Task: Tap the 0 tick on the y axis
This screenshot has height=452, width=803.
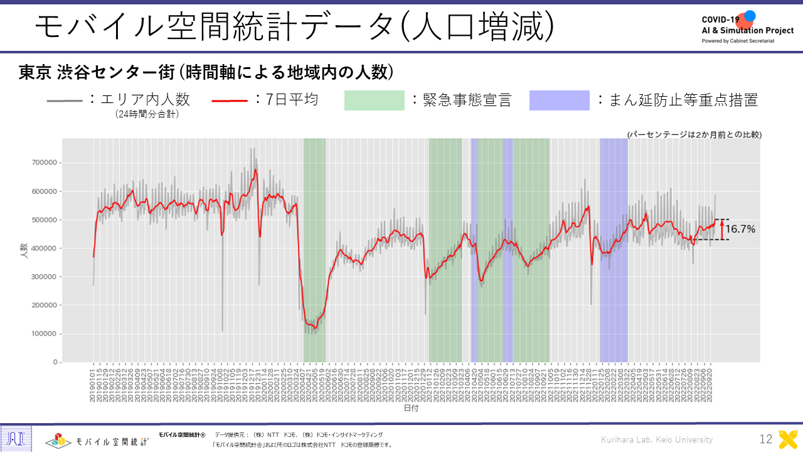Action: [x=56, y=362]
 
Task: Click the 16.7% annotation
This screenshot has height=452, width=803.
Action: [x=740, y=229]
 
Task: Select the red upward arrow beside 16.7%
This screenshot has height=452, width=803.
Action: [x=721, y=229]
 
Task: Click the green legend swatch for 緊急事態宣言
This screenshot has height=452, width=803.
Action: [x=374, y=100]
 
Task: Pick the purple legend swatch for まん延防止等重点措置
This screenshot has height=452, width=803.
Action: [x=559, y=100]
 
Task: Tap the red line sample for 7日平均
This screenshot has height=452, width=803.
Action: [x=230, y=100]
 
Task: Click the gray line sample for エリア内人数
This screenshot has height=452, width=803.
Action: [x=65, y=100]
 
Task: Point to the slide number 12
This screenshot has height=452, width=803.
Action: [x=765, y=439]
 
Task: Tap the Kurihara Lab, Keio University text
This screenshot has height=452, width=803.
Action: [x=657, y=439]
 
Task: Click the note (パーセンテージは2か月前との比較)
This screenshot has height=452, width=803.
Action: [x=694, y=134]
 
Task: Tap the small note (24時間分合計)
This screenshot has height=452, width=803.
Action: [x=147, y=114]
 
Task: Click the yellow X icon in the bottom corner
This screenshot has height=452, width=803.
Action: [x=788, y=439]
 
